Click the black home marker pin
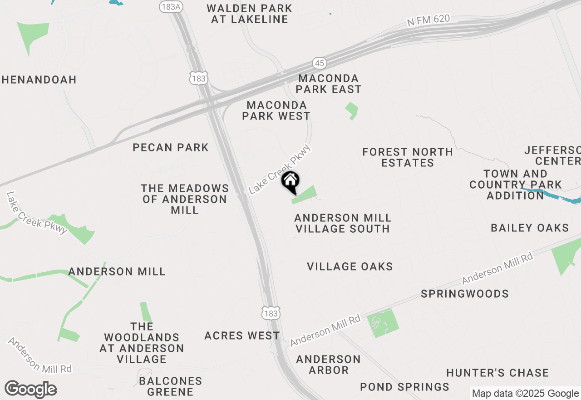(290, 182)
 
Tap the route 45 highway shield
(319, 62)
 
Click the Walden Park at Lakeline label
(249, 14)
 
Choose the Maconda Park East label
(330, 84)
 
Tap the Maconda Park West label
(276, 110)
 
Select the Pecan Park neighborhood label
(171, 147)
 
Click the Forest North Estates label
(408, 157)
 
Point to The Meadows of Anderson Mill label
(185, 199)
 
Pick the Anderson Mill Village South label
(343, 223)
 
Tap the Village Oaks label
(350, 266)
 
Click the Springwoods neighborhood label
(465, 294)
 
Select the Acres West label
(242, 335)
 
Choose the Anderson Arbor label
(329, 365)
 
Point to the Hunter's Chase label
(497, 373)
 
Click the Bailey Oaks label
(530, 228)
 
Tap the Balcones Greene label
(171, 386)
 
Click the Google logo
(30, 390)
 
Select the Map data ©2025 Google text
(525, 394)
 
